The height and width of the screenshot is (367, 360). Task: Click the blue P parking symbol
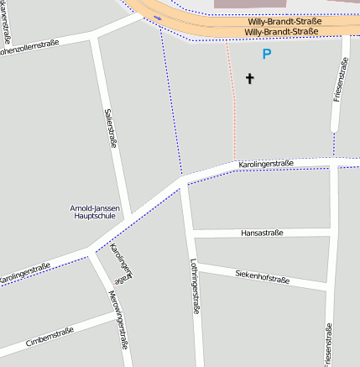click(x=267, y=55)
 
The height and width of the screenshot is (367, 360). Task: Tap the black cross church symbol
click(x=249, y=79)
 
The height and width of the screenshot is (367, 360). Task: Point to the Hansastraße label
click(x=262, y=233)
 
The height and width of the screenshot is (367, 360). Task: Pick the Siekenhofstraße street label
click(x=262, y=275)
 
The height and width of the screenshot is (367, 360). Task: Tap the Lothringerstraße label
click(x=195, y=286)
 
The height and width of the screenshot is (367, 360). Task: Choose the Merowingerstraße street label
click(x=118, y=319)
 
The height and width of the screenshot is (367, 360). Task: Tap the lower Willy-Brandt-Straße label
click(x=281, y=32)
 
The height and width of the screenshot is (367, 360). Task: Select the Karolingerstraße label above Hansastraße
click(x=265, y=163)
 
